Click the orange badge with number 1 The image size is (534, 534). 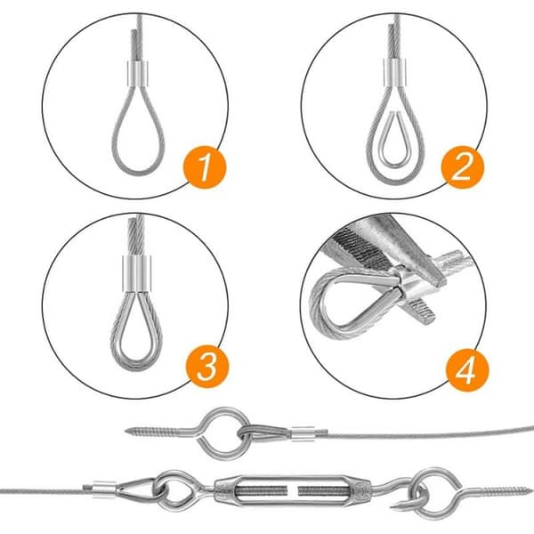click(x=205, y=167)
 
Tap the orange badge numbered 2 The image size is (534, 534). click(x=462, y=167)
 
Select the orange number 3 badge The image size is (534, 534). click(x=207, y=366)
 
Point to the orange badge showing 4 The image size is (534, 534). click(x=467, y=370)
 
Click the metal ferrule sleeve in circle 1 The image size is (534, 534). click(x=138, y=74)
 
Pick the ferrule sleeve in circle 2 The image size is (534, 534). click(x=395, y=73)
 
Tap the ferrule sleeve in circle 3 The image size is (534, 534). click(x=136, y=274)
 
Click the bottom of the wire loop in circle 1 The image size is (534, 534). click(x=139, y=173)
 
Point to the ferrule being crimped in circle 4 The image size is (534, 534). click(x=410, y=285)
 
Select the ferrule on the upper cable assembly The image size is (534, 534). click(x=303, y=434)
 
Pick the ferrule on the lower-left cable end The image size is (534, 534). click(x=104, y=487)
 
